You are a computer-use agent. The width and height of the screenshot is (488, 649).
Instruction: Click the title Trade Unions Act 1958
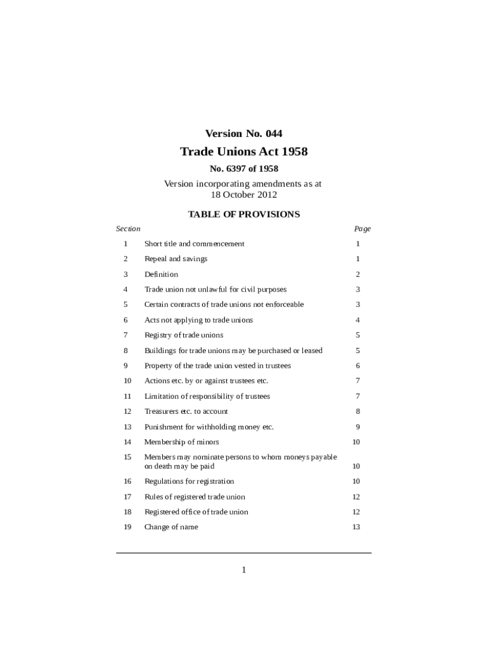(243, 152)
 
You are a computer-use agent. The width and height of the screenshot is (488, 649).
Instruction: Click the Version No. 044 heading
(243, 134)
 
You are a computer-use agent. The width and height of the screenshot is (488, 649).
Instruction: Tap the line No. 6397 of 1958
(243, 169)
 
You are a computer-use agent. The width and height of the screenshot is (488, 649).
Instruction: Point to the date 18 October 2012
(243, 195)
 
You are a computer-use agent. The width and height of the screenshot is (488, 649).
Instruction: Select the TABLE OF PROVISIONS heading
(243, 214)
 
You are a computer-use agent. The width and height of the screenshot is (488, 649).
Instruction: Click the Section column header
(128, 229)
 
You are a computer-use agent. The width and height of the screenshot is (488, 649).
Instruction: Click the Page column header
(363, 229)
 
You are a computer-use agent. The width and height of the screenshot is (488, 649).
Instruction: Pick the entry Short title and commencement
(194, 244)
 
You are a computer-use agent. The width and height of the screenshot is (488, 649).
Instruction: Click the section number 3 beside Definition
(125, 274)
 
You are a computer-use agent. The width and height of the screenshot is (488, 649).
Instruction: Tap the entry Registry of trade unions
(184, 335)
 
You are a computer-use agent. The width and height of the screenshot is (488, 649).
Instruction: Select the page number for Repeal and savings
(358, 259)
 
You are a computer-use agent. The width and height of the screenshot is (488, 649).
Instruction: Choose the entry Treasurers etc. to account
(186, 411)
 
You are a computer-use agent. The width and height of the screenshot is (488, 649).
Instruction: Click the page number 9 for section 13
(358, 427)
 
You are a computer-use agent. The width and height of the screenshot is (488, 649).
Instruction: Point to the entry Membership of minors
(181, 442)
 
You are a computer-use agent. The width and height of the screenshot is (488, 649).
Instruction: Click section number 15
(127, 457)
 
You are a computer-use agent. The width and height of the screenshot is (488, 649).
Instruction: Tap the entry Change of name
(171, 527)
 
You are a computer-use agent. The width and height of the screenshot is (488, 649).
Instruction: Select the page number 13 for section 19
(356, 527)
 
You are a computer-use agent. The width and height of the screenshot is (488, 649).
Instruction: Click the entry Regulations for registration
(189, 482)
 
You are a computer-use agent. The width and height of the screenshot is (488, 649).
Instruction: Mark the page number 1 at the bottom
(243, 570)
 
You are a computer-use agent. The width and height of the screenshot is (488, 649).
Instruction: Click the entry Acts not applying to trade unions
(198, 320)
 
